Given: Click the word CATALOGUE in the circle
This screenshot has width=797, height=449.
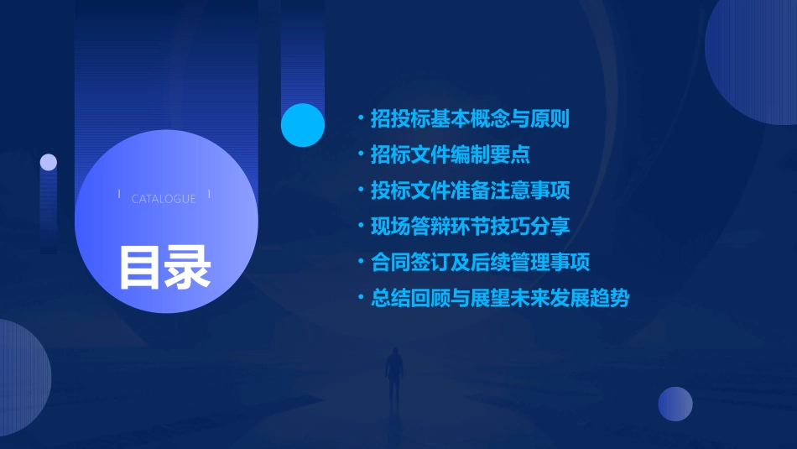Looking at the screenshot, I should point(164,199).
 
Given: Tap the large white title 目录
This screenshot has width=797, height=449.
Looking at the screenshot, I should point(164,266).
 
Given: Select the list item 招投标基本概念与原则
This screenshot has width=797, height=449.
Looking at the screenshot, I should point(470,119).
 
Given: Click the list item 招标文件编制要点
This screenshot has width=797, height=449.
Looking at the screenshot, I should point(450,155).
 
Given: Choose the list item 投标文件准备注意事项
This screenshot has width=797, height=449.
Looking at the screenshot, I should point(470,191).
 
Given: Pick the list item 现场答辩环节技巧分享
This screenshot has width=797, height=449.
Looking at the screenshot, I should point(470,227).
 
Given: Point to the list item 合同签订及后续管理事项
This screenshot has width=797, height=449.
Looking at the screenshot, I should point(480,262).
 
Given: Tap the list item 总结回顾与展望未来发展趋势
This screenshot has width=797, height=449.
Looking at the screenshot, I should point(500,298).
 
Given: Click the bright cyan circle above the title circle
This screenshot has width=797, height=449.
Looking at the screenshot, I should point(303,125).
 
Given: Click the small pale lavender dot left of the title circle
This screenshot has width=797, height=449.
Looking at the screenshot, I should point(49,162).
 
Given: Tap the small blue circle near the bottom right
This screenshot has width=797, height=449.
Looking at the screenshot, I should point(675,404).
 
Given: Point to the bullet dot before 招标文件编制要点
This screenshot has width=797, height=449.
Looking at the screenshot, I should point(361,155).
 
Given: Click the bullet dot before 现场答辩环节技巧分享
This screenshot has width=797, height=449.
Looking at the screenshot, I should point(361,227).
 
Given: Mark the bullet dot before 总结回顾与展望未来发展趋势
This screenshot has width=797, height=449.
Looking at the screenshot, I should point(361,298).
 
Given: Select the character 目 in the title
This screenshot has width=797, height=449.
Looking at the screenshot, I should point(139,266).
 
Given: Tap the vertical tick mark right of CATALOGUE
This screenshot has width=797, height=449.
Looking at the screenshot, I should point(209,195).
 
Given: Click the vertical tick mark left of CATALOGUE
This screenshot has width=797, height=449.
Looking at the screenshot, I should point(119,195).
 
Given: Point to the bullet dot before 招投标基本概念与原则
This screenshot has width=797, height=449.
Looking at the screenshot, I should point(361,119).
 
